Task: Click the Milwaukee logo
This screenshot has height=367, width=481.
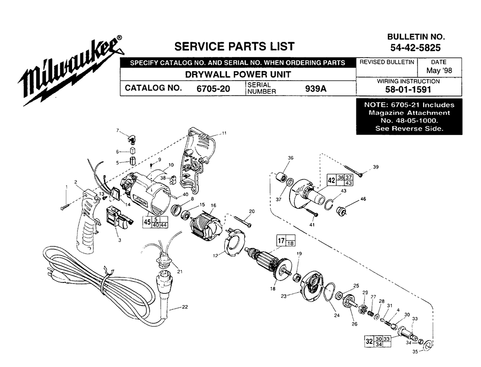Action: (71, 72)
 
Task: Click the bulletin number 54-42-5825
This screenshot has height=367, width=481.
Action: (416, 48)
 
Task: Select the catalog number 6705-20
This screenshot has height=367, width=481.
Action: (213, 88)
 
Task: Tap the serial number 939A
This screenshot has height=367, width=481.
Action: (316, 88)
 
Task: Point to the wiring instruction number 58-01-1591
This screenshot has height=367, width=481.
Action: (408, 89)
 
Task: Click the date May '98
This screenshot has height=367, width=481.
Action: (439, 71)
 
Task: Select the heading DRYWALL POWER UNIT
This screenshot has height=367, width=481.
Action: (238, 74)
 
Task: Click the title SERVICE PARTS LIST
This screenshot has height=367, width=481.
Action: (234, 47)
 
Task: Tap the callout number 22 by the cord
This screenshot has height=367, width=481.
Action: (185, 307)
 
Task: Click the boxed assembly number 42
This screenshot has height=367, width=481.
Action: (331, 181)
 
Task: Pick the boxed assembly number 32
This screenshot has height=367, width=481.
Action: (369, 341)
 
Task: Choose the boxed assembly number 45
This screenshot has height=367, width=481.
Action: (147, 222)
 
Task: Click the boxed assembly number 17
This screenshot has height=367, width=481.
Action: (281, 241)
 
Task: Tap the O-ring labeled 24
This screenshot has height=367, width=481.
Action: (330, 292)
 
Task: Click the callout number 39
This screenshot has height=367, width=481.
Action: (376, 167)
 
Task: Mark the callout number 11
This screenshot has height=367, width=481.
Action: (224, 133)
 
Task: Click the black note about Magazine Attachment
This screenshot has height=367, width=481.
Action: (409, 117)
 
